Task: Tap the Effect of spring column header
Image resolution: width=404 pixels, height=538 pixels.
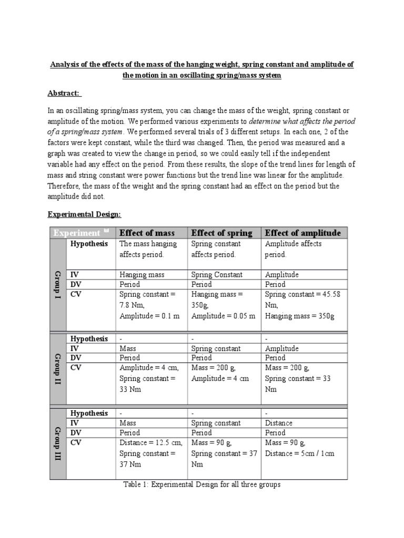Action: coord(221,233)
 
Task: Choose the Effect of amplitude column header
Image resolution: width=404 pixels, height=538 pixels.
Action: coord(302,233)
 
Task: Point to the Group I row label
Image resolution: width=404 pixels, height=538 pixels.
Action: coord(58,285)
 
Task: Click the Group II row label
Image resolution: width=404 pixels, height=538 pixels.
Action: coord(58,369)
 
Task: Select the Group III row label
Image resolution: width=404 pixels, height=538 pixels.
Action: coord(58,443)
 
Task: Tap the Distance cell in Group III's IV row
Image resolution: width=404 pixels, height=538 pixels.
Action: coord(279,423)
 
